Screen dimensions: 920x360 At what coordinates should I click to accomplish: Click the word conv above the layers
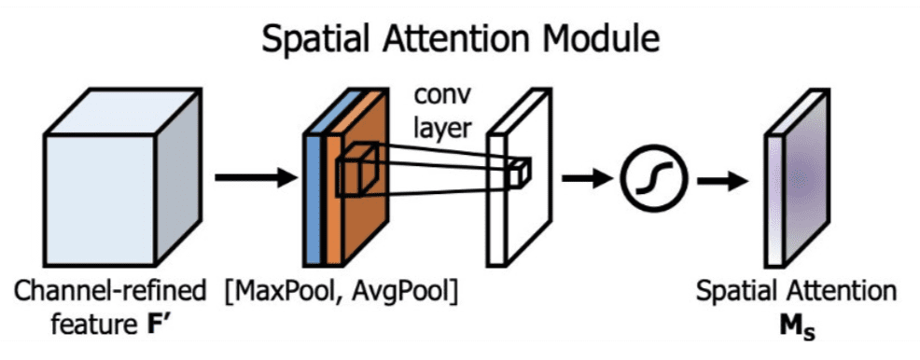tap(441, 95)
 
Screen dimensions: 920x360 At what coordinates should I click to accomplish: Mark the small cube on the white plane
tap(520, 172)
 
